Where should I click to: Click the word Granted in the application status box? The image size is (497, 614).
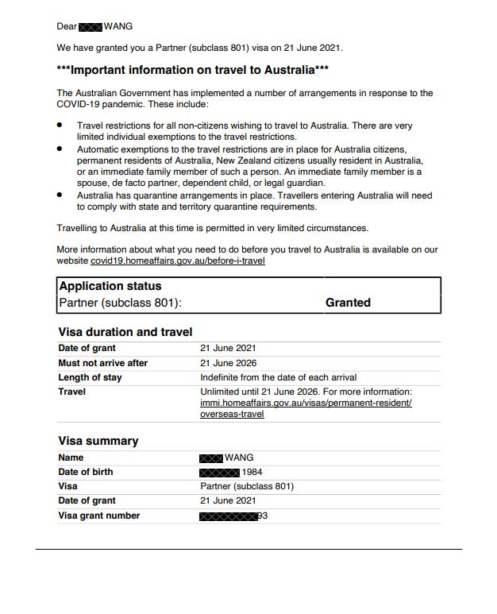point(348,303)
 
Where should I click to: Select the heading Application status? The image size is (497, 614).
point(110,286)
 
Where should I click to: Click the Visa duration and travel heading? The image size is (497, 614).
point(125,332)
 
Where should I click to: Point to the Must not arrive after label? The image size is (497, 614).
point(103,363)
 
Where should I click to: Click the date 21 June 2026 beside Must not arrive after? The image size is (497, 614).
point(228,363)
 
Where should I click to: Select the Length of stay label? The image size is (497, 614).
point(90,377)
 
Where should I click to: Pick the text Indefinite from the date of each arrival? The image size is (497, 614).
point(278,377)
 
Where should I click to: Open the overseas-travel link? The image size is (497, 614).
point(232,414)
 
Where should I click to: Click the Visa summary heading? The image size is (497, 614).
point(98,441)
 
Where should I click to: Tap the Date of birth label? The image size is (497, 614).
point(86,472)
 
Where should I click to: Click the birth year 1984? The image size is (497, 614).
point(253,472)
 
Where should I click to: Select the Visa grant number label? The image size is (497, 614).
point(99,516)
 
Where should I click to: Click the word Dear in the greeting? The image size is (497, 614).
point(67,26)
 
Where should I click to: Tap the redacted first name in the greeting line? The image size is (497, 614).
point(91,27)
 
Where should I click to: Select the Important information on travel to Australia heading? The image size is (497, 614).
point(193,70)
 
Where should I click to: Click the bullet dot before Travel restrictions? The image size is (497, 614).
point(60,126)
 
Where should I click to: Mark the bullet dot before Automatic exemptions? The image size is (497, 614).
point(60,149)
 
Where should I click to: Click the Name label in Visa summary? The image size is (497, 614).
point(71,458)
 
